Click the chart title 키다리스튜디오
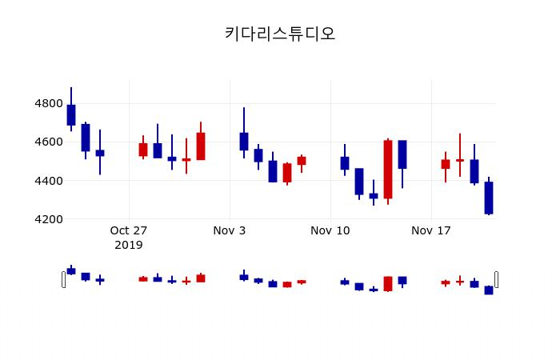point(279,34)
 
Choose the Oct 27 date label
point(129,231)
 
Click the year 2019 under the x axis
point(129,245)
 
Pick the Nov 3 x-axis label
point(230,231)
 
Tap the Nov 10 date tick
point(330,231)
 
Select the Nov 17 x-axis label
point(431,231)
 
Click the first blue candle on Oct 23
point(71,115)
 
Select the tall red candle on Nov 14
point(388,169)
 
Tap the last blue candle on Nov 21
point(489,198)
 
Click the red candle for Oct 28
point(143,150)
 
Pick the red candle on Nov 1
point(201,146)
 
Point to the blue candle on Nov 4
point(244,142)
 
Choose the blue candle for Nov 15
point(402,154)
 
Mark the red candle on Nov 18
point(446,164)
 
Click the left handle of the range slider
point(64,279)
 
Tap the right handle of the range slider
point(496,279)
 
